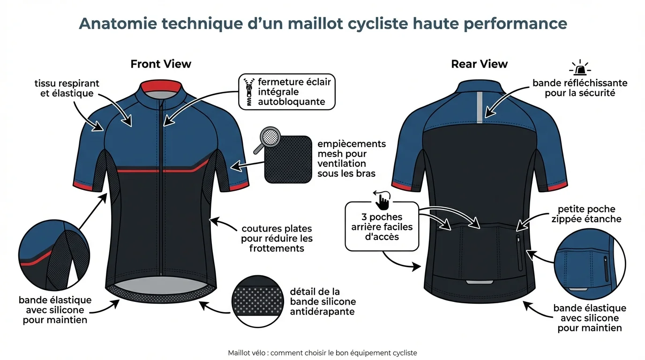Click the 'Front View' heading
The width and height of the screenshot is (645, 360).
[x=161, y=64]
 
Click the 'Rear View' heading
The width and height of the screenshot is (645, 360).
[x=479, y=64]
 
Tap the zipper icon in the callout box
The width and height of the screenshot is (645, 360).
[x=248, y=92]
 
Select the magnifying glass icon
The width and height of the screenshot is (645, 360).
[x=267, y=140]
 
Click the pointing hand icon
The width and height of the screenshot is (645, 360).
[x=382, y=201]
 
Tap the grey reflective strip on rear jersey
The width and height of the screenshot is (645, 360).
[x=479, y=108]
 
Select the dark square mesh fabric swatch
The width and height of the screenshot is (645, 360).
[x=288, y=160]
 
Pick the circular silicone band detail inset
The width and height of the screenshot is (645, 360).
[x=256, y=300]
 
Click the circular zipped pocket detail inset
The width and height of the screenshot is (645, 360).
[x=590, y=265]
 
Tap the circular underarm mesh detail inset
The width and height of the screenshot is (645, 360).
[x=54, y=255]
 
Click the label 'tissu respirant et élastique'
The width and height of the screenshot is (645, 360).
[x=67, y=88]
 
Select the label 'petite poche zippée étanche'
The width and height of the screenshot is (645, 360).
[x=589, y=214]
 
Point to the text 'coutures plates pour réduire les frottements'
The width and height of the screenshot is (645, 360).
[x=277, y=238]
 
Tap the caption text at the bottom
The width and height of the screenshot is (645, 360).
[x=322, y=353]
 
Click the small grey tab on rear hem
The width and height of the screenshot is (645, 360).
[x=480, y=282]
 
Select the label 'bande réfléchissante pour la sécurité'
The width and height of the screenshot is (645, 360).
[x=580, y=88]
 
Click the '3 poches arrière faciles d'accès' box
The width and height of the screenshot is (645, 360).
[x=382, y=226]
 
